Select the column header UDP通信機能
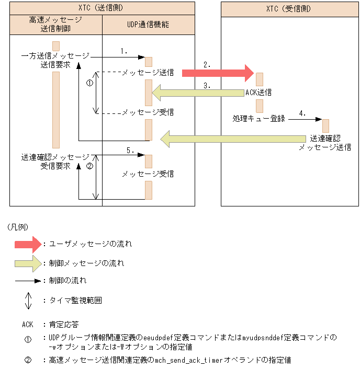(x=148, y=25)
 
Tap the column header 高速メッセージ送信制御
(x=57, y=24)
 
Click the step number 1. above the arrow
(x=124, y=51)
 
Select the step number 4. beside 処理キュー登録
(x=302, y=113)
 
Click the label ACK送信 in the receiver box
(x=258, y=92)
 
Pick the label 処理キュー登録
(x=258, y=119)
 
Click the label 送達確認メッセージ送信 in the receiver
(x=324, y=143)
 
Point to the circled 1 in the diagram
(x=89, y=83)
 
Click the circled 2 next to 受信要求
(x=89, y=167)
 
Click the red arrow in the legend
(x=27, y=244)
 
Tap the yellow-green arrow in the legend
(x=27, y=263)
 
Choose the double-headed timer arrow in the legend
(x=28, y=300)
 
